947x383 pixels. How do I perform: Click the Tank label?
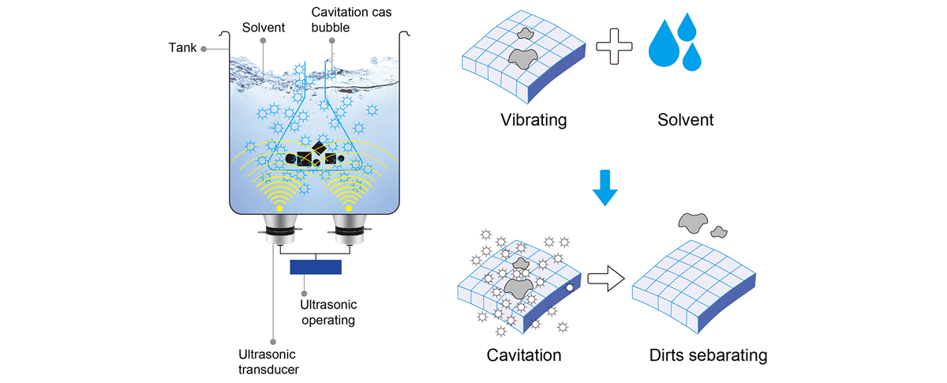coord(183,48)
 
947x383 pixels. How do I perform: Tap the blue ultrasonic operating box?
coord(316,267)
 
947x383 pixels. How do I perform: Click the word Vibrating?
coord(533,121)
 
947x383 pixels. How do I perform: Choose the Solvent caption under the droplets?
coord(684,121)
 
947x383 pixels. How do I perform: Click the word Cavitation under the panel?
coord(524,355)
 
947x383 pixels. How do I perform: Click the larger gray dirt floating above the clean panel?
coord(691,223)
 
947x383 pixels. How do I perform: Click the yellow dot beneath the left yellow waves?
coord(281,208)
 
